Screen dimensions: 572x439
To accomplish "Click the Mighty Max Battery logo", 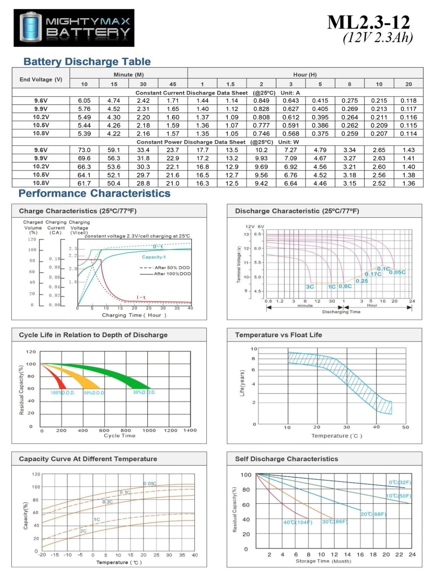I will pos(74,28).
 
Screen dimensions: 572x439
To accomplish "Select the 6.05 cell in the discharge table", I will pos(84,101).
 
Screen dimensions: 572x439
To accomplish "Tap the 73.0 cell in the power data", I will pos(84,150).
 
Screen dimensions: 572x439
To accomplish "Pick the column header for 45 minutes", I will pos(173,84).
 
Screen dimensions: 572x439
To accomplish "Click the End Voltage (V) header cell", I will pos(41,79).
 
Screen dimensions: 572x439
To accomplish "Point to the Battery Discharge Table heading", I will pos(87,62).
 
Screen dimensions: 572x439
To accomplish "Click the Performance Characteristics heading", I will pos(94,193).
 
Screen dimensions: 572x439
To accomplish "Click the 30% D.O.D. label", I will pos(144,392).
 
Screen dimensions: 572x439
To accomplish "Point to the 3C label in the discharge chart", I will pos(310,287).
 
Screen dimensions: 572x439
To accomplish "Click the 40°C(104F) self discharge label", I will pos(297,522).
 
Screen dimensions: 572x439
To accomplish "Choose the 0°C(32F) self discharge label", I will pos(400,482).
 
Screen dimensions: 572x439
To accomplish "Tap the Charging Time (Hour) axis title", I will pos(134,315).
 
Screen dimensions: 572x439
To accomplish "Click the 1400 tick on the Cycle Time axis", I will pos(190,430).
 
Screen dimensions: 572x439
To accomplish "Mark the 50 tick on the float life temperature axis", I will pos(405,427).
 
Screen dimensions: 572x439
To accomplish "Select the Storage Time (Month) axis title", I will pos(323,561).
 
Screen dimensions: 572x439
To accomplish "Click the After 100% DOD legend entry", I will pos(172,274).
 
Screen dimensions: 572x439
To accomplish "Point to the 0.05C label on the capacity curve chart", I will pos(150,484).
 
